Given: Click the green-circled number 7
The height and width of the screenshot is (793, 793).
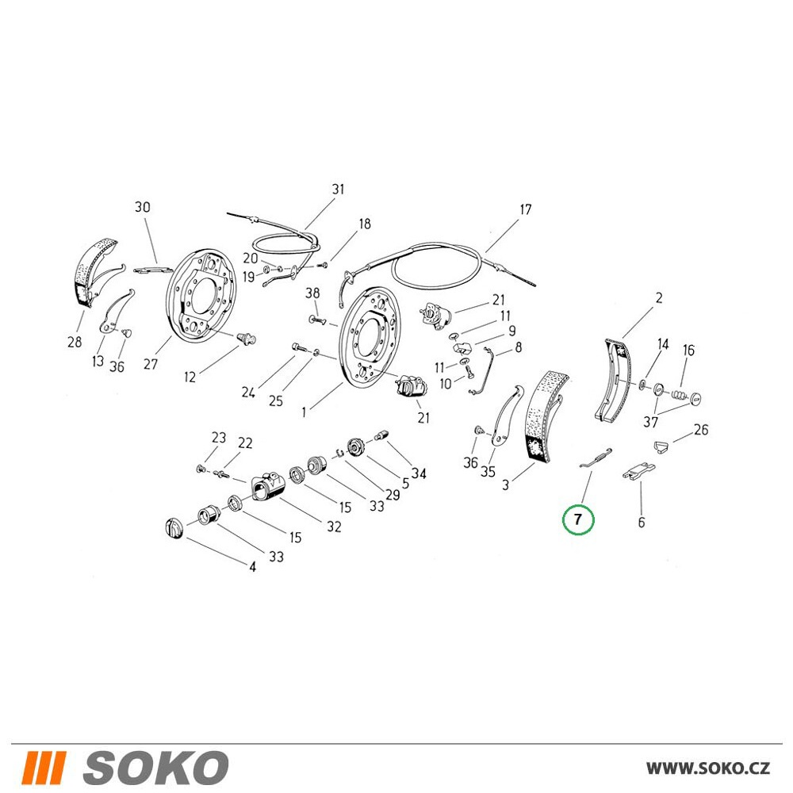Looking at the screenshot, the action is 578,519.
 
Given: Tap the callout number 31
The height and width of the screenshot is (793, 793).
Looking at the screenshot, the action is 338,190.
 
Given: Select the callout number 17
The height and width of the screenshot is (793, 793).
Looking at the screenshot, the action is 526,209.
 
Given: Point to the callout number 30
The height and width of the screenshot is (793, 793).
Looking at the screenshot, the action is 143,207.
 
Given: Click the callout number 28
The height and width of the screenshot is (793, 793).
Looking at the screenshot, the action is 75,342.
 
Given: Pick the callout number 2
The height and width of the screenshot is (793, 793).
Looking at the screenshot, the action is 658,298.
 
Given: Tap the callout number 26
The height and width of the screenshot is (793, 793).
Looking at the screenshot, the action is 701,429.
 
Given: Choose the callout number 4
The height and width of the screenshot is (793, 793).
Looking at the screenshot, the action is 252,567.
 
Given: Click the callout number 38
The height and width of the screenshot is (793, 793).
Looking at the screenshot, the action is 312,293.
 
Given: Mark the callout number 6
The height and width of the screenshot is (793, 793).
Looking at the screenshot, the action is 642,522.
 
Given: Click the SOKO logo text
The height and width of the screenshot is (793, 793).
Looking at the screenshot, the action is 155,768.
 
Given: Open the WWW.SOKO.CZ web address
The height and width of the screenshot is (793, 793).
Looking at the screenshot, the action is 708,768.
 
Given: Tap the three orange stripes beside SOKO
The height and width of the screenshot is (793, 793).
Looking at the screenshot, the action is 44,768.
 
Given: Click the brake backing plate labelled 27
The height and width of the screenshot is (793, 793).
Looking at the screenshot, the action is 201,297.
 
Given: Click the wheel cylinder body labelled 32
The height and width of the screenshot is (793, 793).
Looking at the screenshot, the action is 268,485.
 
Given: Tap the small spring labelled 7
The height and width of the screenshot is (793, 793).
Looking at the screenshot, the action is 596,458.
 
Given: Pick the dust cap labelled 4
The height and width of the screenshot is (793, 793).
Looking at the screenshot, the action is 173,528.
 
